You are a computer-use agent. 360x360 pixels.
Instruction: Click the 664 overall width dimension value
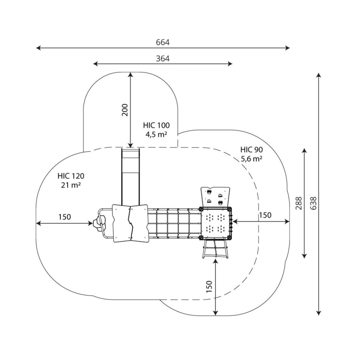click(163, 42)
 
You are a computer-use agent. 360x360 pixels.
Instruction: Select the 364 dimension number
click(163, 58)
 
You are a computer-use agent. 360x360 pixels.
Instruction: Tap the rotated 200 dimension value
click(125, 110)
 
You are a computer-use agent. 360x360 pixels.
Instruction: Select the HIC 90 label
click(252, 150)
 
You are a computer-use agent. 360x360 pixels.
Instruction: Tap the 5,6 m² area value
click(252, 159)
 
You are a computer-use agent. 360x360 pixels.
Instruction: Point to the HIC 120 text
click(71, 176)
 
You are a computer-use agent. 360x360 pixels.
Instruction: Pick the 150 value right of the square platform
click(265, 215)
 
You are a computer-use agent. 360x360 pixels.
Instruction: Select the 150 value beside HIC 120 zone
click(64, 217)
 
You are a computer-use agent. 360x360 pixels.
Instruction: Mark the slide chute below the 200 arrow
click(130, 176)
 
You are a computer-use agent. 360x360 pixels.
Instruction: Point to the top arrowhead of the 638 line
click(319, 75)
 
